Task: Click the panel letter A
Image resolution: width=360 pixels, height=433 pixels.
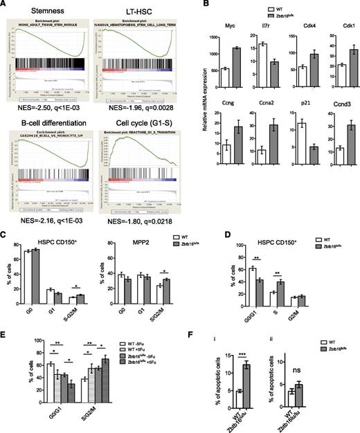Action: [x=6, y=6]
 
